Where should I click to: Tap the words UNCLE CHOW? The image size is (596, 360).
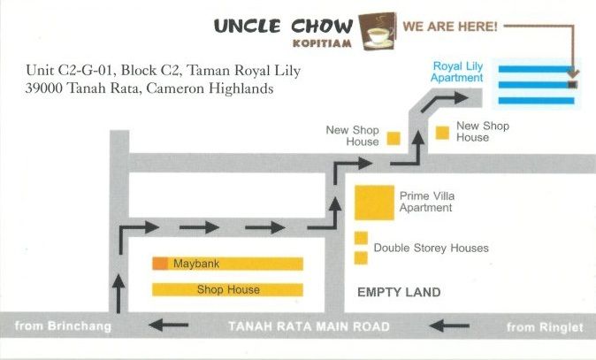point(283,27)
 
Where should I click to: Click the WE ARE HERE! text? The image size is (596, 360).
point(448,27)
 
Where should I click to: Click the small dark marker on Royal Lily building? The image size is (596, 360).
point(572,85)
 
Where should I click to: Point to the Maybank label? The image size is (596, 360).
point(195,264)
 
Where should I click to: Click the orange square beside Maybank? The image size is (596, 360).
point(160,264)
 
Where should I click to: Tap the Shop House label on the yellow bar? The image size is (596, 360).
point(228,289)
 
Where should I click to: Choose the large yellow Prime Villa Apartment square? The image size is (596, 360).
point(374,203)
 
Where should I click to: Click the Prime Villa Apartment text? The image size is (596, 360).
point(426,202)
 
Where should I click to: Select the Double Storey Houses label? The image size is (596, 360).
point(431,249)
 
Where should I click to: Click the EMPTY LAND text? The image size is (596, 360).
point(398,292)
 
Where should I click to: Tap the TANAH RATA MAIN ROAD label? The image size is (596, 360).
point(309,326)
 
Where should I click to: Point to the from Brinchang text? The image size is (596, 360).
point(64,326)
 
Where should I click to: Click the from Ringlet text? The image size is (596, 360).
point(545,327)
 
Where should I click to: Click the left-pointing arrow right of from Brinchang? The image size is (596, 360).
point(168,326)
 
